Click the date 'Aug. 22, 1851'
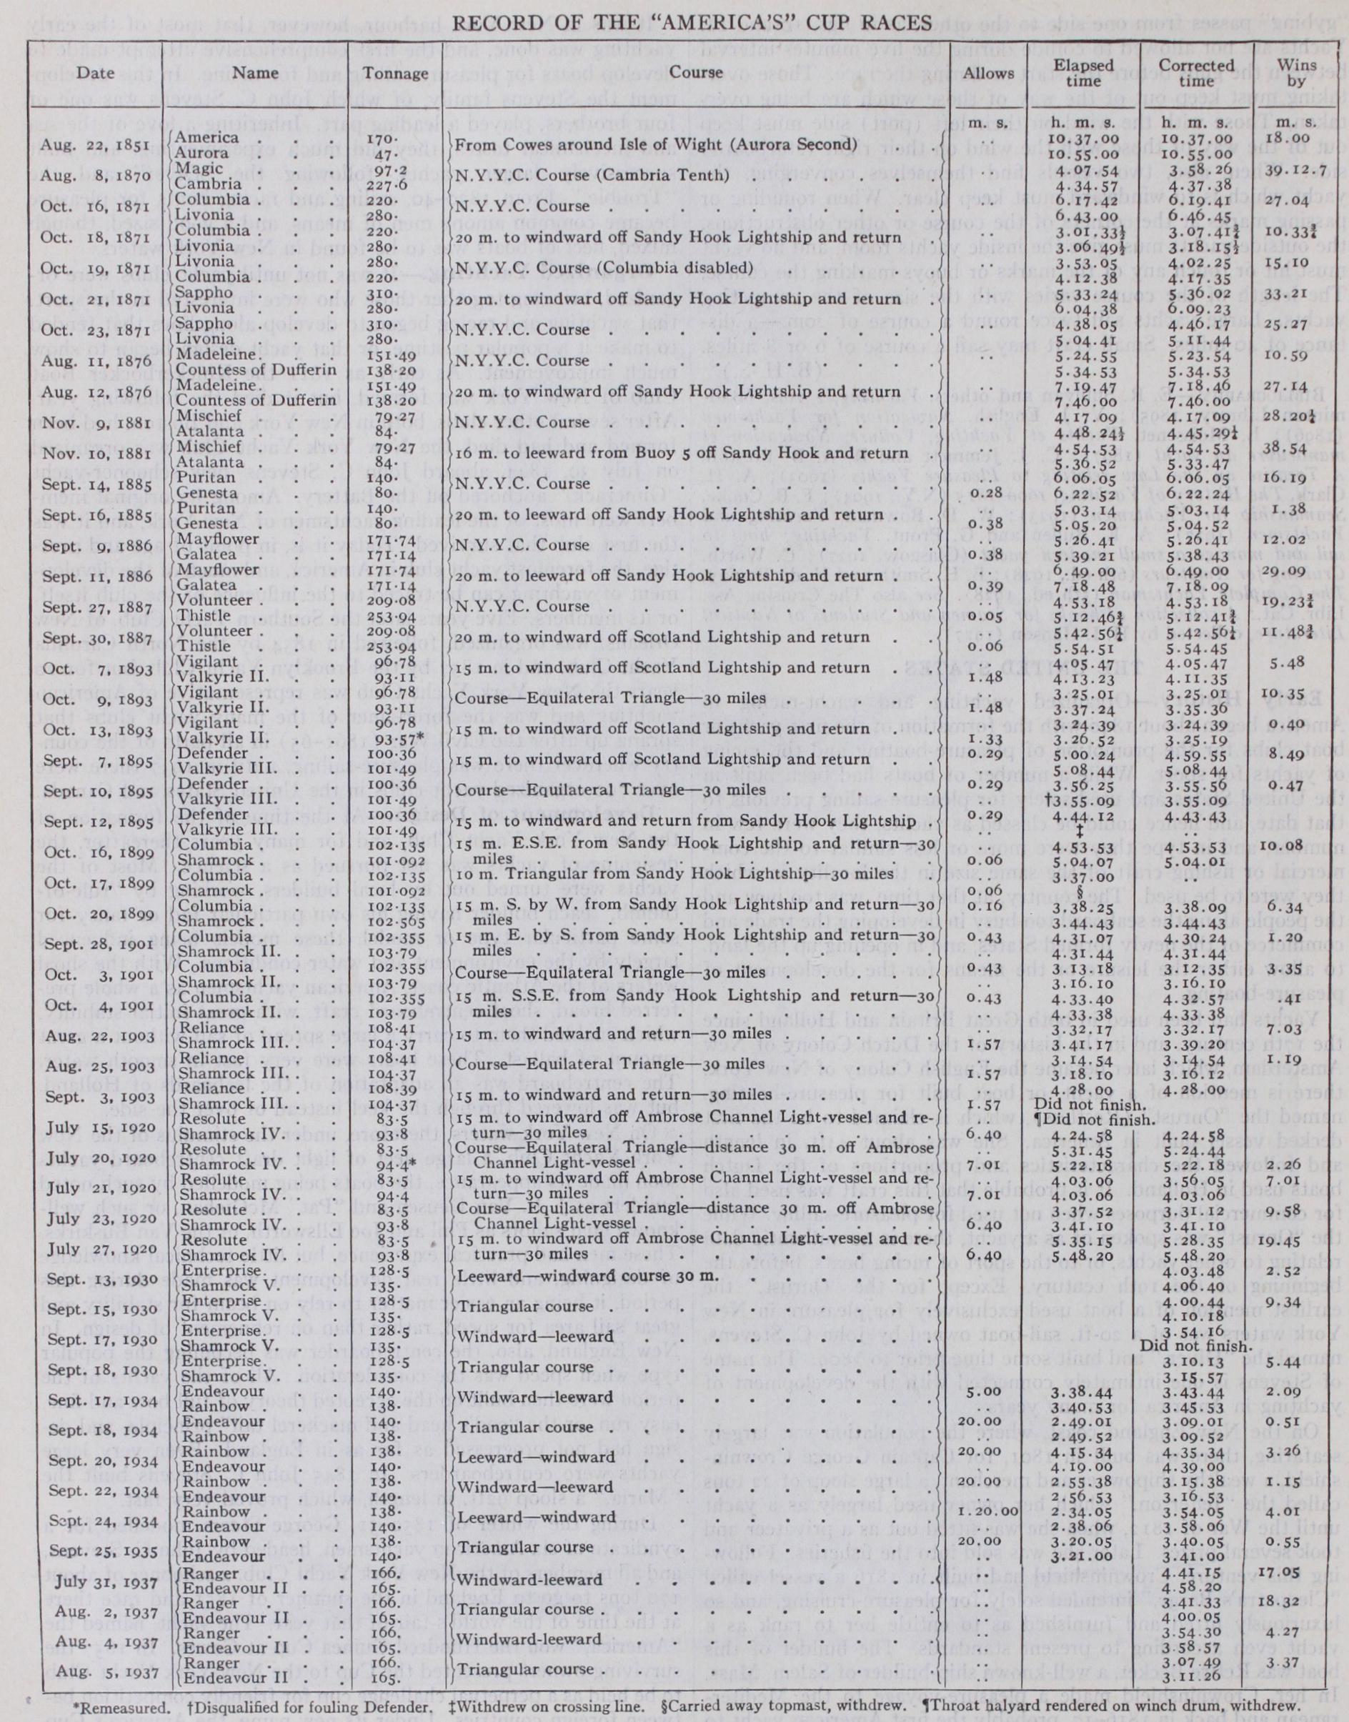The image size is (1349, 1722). click(84, 145)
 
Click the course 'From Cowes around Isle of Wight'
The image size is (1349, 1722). click(655, 145)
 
